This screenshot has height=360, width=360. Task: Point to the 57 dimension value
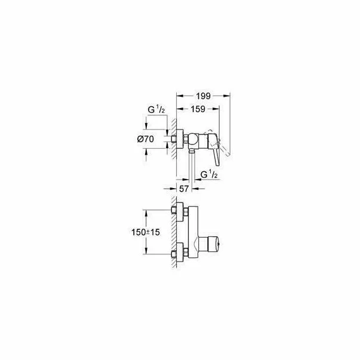tap(184, 188)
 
